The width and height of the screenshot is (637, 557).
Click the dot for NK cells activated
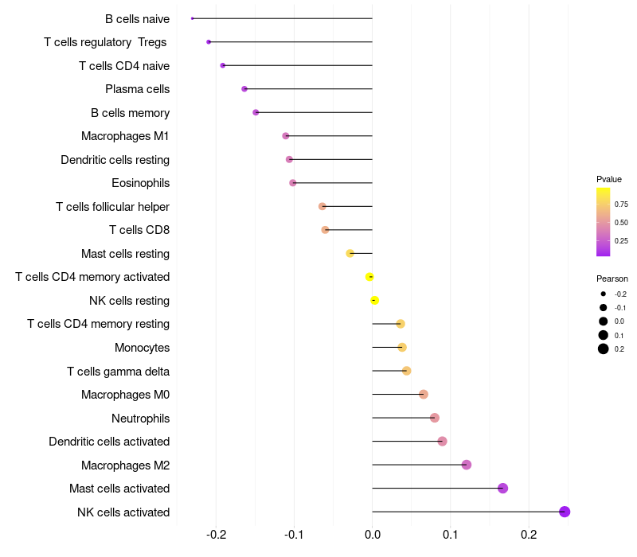565,512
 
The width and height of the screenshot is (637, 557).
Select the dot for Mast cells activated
502,489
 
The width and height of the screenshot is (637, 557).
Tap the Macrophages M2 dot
467,465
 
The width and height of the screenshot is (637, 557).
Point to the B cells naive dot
193,18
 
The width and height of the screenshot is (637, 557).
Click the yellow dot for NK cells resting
374,300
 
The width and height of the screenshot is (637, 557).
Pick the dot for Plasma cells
244,89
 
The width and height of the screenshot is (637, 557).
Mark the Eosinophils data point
293,183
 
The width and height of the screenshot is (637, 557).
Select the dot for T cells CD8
325,230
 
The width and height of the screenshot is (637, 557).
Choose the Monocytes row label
142,348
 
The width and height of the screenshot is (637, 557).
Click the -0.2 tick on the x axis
216,534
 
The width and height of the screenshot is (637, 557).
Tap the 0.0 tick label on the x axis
373,534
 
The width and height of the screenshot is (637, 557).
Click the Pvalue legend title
609,179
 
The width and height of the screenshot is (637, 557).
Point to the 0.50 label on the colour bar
620,222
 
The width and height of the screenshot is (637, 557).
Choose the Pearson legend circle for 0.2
604,349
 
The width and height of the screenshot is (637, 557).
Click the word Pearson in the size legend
612,278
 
